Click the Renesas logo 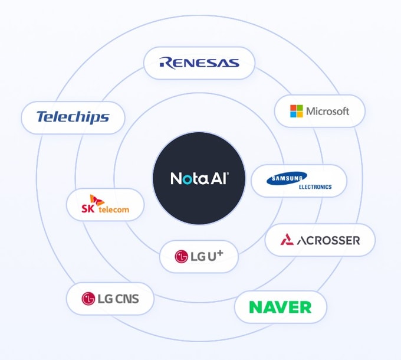pos(199,63)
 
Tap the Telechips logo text pos(73,117)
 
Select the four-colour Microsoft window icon pos(297,111)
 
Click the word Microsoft pos(328,111)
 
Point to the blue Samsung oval pos(287,178)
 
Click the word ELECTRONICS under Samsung pos(315,186)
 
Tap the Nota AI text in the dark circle pos(199,178)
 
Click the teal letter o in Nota pos(187,179)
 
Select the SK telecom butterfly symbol pos(97,200)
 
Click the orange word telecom pos(114,210)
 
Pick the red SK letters pos(88,208)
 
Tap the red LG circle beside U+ pos(181,256)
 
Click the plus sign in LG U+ pos(219,254)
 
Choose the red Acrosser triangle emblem pos(287,239)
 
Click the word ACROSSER pos(328,241)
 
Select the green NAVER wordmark pos(280,307)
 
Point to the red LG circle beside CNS pos(88,299)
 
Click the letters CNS pos(127,299)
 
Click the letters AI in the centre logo pos(220,178)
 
